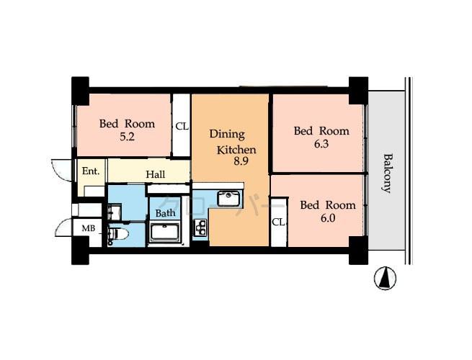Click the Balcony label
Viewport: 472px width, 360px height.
[x=387, y=173]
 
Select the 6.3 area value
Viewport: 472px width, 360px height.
[x=321, y=143]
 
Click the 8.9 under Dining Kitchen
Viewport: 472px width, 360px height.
[x=240, y=162]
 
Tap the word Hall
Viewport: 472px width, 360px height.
[x=155, y=174]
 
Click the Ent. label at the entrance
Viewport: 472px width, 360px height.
[x=90, y=171]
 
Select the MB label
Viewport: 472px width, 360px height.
[x=87, y=229]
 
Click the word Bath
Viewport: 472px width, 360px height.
[x=166, y=213]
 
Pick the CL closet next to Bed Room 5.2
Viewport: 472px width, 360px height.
[x=182, y=127]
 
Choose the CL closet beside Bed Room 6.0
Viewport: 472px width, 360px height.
[x=278, y=222]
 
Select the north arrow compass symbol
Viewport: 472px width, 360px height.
[x=386, y=278]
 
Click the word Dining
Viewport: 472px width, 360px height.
[x=227, y=135]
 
